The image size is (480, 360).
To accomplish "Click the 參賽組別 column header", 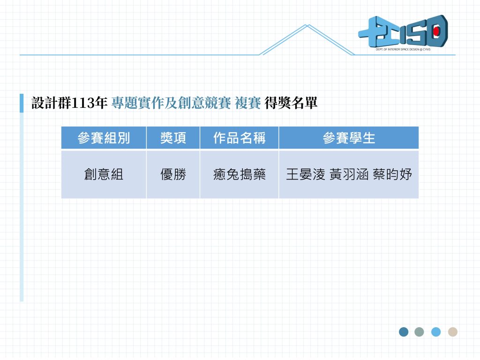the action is point(104,138).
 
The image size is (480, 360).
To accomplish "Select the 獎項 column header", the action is point(173,138).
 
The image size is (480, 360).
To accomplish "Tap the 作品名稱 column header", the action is point(240,138).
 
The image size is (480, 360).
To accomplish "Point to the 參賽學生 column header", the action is point(349,138).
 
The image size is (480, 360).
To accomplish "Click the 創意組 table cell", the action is point(104,174).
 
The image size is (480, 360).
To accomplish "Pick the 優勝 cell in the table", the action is point(173,174).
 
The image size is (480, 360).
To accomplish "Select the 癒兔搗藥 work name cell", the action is point(240,174).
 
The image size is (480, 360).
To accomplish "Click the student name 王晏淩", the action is point(306,174).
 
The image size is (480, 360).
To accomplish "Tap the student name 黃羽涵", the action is point(349,174).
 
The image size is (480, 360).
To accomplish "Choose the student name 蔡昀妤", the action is point(392,174).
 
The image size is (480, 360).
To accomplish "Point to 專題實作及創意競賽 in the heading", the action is point(171,103).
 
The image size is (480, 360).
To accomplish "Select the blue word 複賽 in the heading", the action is point(248,103).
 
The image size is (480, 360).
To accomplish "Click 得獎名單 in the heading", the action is point(291,103).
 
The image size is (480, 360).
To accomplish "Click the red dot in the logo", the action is point(436,31).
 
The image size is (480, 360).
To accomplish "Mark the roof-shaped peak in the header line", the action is point(307,25).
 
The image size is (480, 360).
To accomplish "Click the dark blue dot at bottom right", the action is point(404,332).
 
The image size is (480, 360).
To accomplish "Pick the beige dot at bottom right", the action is point(453,332).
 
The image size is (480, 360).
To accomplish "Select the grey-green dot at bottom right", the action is point(419,332).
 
